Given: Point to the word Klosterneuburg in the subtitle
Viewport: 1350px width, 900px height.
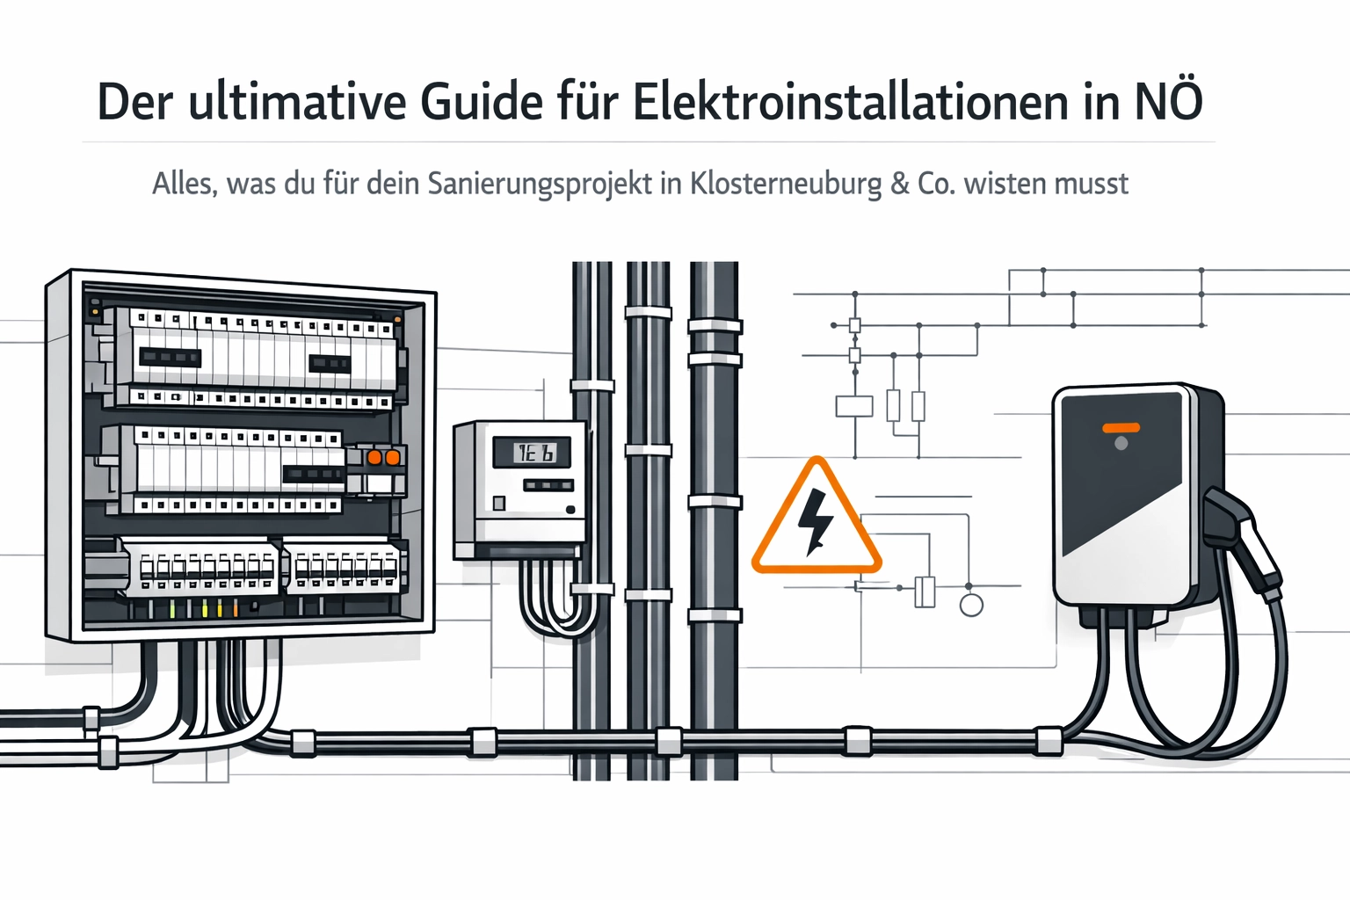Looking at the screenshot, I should pos(786,184).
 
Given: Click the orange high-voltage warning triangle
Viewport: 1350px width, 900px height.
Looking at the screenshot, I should pos(816,520).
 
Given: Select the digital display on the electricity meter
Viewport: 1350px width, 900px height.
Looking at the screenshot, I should pos(531,453).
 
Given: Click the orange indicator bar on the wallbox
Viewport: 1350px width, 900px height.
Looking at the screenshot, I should pos(1121,428).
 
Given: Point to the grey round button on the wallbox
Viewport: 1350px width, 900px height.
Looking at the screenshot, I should pos(1121,444).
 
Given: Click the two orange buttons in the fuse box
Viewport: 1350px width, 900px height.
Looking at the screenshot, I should pos(383,458).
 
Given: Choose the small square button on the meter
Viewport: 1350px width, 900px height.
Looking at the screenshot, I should pos(499,504).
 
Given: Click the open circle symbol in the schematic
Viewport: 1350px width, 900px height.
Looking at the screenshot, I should pos(971,605).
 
